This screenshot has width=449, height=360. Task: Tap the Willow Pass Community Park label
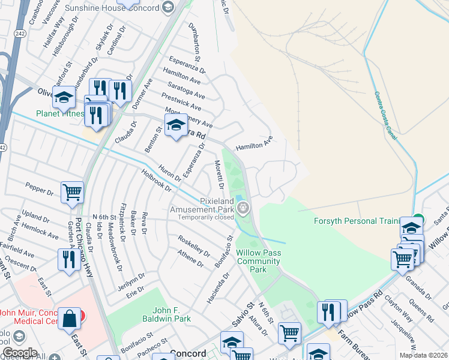click(259, 262)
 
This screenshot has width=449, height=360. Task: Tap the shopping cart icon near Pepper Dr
click(72, 192)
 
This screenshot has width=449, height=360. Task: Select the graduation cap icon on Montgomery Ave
click(175, 126)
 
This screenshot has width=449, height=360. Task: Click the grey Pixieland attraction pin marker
click(243, 208)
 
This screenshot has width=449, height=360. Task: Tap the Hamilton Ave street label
click(254, 142)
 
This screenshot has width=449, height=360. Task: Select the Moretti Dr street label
click(219, 173)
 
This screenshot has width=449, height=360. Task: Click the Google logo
click(20, 352)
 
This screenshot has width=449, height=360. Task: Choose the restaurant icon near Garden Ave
click(67, 259)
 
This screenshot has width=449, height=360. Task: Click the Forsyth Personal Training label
click(356, 221)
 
